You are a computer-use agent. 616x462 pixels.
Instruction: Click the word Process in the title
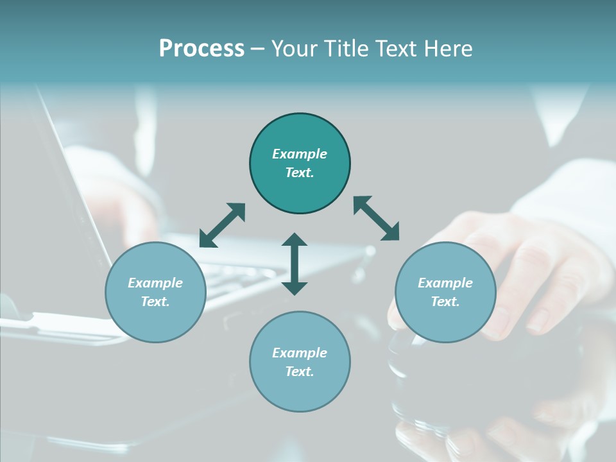[201, 49]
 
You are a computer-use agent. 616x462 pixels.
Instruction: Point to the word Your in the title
[295, 49]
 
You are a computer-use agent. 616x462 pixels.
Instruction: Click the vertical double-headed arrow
[295, 264]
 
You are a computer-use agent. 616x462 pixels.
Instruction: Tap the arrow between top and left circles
[223, 225]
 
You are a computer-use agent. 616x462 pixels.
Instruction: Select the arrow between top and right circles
[376, 218]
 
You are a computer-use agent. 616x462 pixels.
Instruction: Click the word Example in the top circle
[300, 154]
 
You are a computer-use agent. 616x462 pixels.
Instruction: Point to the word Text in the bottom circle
[300, 372]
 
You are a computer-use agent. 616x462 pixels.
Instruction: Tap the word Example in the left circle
[155, 283]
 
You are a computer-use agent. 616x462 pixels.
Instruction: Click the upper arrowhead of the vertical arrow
[295, 239]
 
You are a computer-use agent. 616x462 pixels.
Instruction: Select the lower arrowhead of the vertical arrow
[295, 288]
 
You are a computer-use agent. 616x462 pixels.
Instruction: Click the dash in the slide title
[258, 49]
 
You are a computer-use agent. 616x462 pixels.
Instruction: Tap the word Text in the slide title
[397, 49]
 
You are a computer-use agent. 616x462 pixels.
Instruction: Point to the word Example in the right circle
[445, 283]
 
